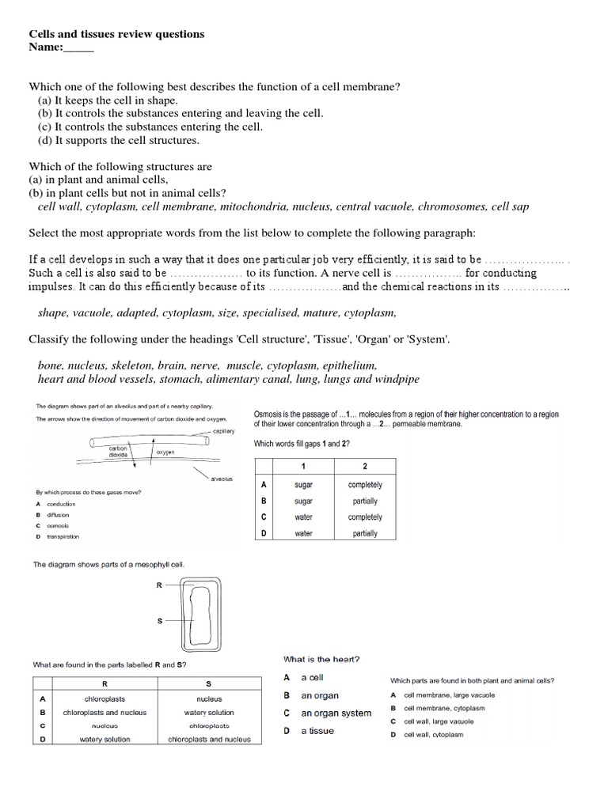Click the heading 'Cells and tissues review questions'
pyautogui.click(x=116, y=34)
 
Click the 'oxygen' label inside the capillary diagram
pyautogui.click(x=165, y=452)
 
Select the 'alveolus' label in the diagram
pyautogui.click(x=221, y=479)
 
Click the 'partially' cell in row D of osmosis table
pyautogui.click(x=364, y=533)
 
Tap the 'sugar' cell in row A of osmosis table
pyautogui.click(x=303, y=485)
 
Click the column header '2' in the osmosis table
pyautogui.click(x=364, y=466)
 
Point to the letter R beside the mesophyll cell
pyautogui.click(x=159, y=585)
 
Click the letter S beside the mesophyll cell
pyautogui.click(x=159, y=621)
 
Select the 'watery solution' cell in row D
pyautogui.click(x=105, y=739)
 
